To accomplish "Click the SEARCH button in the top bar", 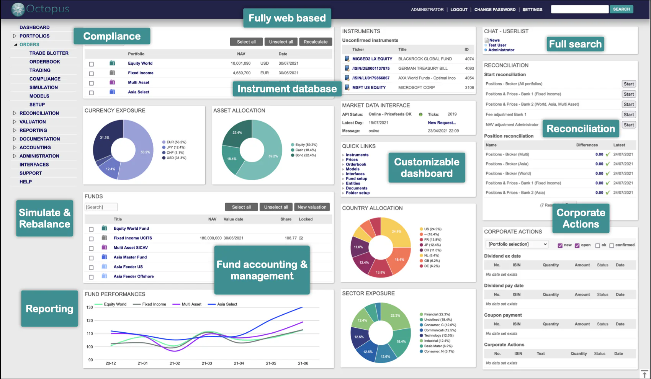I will click(x=621, y=9).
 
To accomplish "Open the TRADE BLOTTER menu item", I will click(x=49, y=53).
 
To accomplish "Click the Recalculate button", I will click(x=316, y=42).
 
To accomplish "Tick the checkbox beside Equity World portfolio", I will click(x=91, y=64).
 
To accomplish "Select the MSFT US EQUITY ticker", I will click(x=369, y=88).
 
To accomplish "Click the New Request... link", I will click(x=442, y=123).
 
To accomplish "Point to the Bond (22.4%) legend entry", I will click(x=305, y=155).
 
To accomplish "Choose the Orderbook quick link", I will click(x=356, y=165).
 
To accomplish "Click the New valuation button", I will click(x=312, y=207).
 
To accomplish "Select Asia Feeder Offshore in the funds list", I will click(x=134, y=276).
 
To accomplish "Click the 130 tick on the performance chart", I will click(x=90, y=307).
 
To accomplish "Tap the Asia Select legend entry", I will click(x=227, y=304).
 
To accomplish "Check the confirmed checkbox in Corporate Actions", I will click(x=612, y=245).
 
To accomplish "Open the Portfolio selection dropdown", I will click(x=517, y=244).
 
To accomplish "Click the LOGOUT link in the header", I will click(x=459, y=10).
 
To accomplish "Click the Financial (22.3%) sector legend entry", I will click(x=437, y=314).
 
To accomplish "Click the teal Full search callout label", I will click(x=575, y=44).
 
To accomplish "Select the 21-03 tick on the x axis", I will click(x=207, y=363).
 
